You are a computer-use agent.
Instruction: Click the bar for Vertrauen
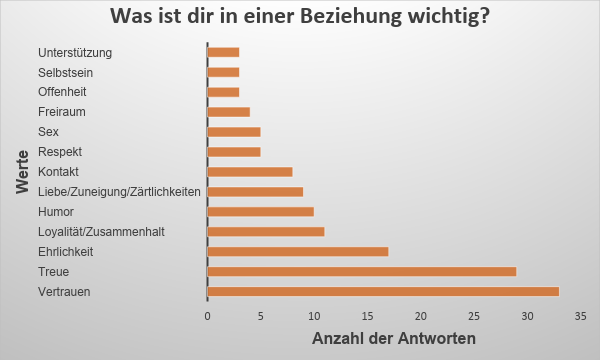point(382,291)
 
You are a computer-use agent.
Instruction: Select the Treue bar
point(361,271)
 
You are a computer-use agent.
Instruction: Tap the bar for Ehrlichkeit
point(297,251)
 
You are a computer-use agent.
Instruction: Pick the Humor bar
point(260,211)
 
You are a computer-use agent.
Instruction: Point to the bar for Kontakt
point(249,171)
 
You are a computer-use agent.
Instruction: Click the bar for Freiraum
point(228,111)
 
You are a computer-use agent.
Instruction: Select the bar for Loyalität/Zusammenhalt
point(265,231)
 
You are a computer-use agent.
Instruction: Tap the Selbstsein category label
point(68,72)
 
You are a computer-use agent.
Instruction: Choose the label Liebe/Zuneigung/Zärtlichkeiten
point(119,192)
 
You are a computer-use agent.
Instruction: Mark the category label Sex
point(49,132)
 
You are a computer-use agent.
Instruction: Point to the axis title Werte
point(21,172)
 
